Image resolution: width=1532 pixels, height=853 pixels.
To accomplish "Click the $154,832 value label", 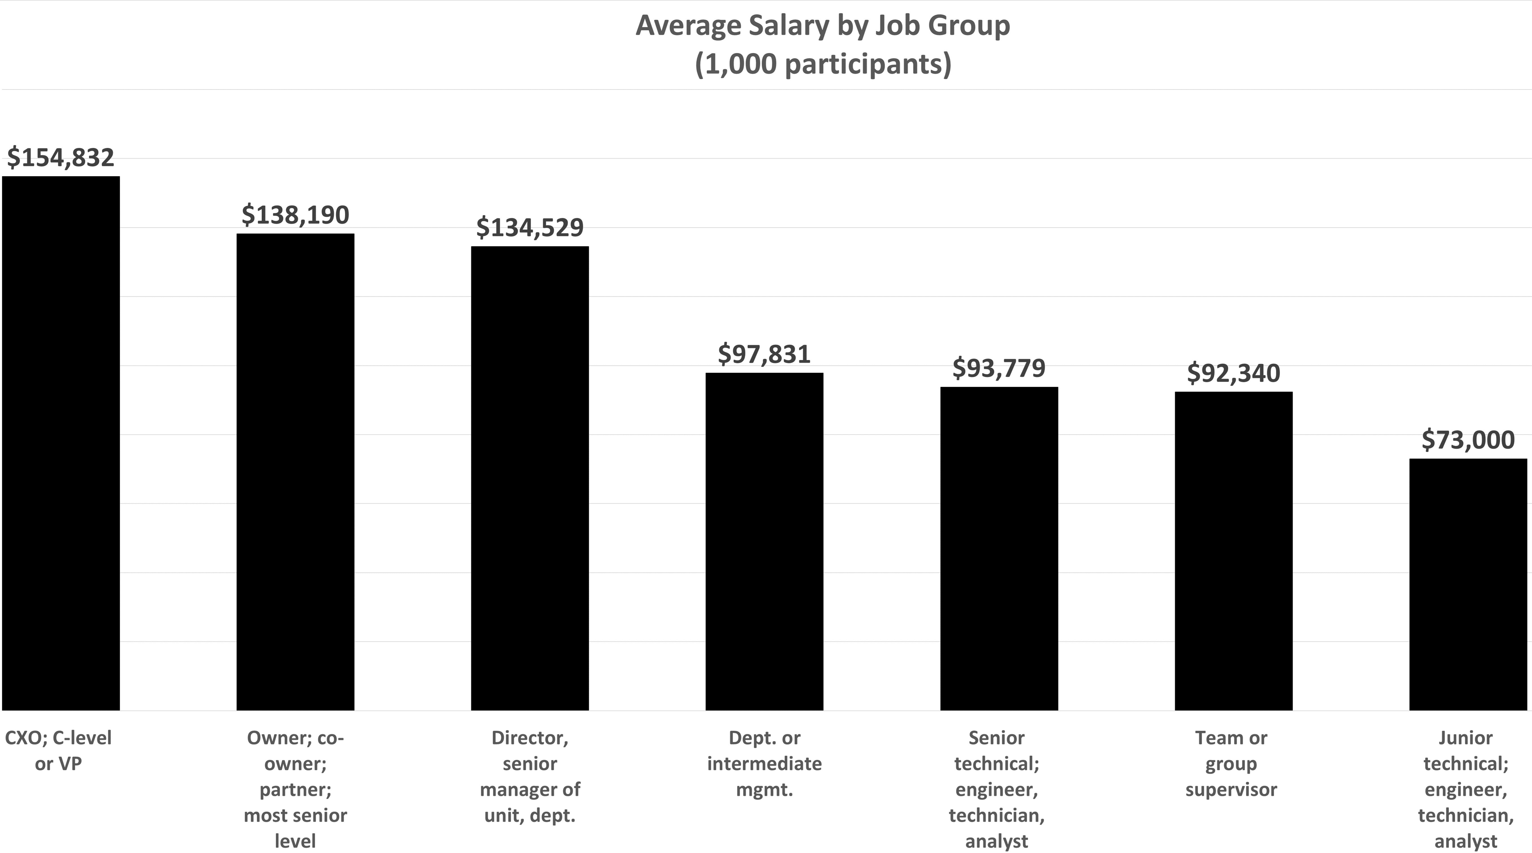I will click(x=61, y=158).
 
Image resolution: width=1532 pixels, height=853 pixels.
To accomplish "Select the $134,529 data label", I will click(x=530, y=228).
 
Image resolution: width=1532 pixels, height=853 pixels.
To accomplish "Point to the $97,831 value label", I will click(x=764, y=354).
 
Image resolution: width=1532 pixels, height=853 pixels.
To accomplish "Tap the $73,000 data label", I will click(x=1468, y=440).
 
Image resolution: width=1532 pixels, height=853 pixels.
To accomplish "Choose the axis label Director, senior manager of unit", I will click(x=530, y=776).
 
